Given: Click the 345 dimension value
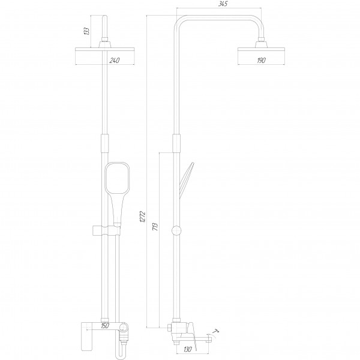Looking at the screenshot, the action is (223, 4).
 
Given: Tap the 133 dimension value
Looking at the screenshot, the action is (86, 31).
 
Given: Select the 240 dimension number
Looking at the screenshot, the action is (115, 61).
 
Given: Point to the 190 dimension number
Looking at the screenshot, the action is (261, 61).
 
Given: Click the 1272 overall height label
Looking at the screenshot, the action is (143, 217).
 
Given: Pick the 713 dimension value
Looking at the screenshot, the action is (155, 227).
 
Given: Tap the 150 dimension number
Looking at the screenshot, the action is (105, 325).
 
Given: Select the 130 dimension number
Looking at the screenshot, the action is (188, 349).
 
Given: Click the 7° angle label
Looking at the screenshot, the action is (216, 331).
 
